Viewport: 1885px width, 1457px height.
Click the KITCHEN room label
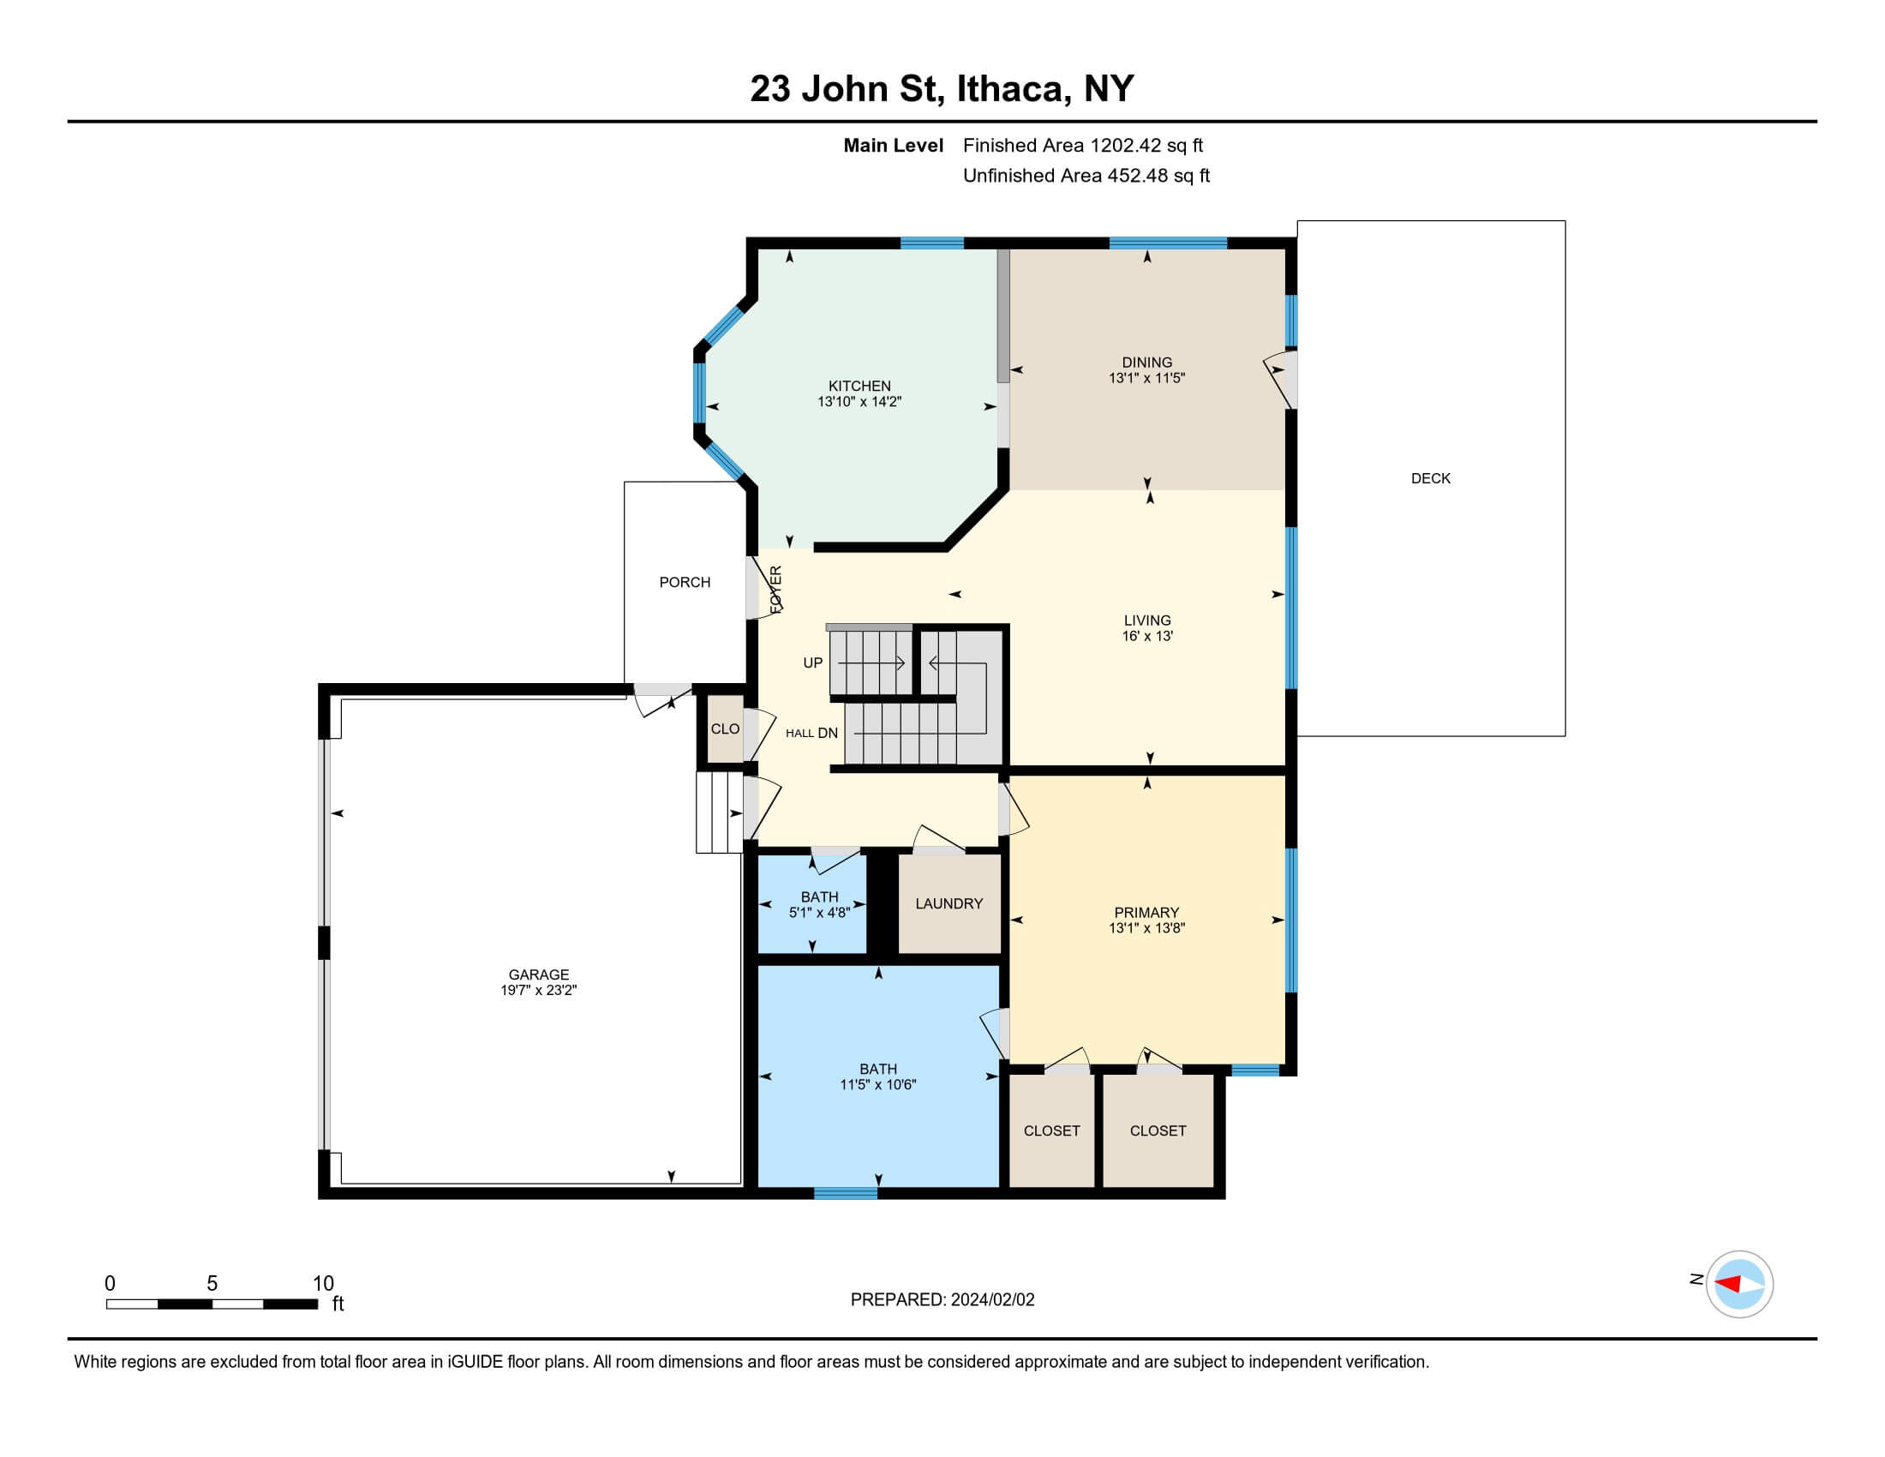pyautogui.click(x=859, y=386)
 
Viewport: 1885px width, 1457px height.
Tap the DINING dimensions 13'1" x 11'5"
pyautogui.click(x=1146, y=378)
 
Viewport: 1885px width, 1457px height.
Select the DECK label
pyautogui.click(x=1430, y=478)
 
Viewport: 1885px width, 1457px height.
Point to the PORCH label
pyautogui.click(x=685, y=583)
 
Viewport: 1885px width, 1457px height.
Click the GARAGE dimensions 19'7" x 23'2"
pyautogui.click(x=538, y=990)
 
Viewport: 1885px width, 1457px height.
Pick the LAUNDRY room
pyautogui.click(x=948, y=903)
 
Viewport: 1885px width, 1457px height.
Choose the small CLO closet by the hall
pyautogui.click(x=725, y=729)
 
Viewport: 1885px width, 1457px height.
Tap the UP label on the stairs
pyautogui.click(x=813, y=663)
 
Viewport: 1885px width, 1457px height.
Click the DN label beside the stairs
pyautogui.click(x=828, y=733)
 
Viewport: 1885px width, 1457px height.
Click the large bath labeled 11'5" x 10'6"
pyautogui.click(x=877, y=1076)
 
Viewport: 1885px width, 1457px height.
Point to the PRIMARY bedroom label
pyautogui.click(x=1146, y=913)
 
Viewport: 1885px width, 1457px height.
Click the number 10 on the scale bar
pyautogui.click(x=323, y=1284)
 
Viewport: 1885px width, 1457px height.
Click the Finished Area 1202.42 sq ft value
pyautogui.click(x=1082, y=146)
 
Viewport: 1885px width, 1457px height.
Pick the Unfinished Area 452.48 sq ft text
pyautogui.click(x=1086, y=176)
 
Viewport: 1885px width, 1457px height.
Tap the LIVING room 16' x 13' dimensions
pyautogui.click(x=1147, y=636)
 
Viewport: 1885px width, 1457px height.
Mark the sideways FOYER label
pyautogui.click(x=775, y=590)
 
